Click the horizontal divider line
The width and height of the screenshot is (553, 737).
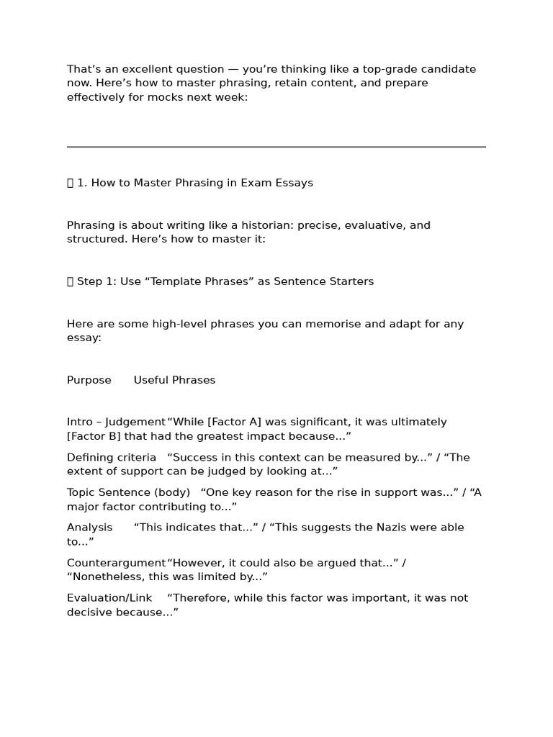[276, 147]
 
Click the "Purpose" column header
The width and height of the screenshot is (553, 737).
[89, 380]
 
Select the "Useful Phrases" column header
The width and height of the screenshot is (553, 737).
[174, 380]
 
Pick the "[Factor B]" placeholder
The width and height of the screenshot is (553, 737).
[92, 436]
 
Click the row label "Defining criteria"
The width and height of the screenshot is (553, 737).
[112, 457]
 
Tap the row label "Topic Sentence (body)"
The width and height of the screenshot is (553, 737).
[128, 492]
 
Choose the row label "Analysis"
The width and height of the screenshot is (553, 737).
[90, 528]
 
